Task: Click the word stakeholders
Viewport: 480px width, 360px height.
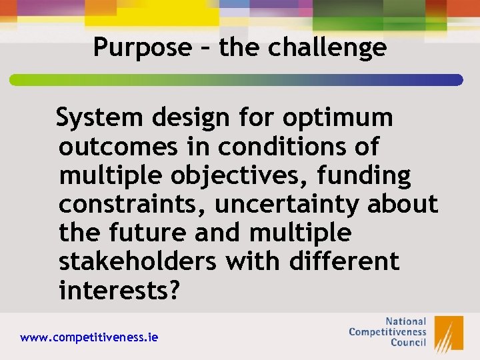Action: tap(137, 262)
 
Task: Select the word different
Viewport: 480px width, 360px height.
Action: tap(344, 262)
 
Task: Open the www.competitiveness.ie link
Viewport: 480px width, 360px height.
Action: tap(89, 337)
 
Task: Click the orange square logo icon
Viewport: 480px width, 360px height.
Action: tap(449, 333)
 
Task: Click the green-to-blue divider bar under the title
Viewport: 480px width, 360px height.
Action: tap(236, 80)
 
